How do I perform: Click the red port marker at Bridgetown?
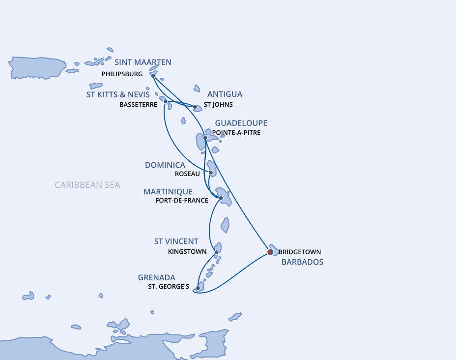(270, 252)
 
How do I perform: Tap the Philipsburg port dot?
(153, 76)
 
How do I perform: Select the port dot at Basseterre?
(166, 101)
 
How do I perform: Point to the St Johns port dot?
(195, 107)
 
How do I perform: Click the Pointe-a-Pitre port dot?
(205, 138)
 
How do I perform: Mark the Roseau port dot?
(211, 173)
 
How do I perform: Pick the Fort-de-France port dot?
(221, 198)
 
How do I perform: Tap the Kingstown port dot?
(217, 252)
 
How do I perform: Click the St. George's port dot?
(198, 288)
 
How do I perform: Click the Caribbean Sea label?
(87, 185)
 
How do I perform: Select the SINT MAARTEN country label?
(143, 62)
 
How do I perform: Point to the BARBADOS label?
(302, 262)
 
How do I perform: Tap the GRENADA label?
(157, 278)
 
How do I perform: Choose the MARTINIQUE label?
(168, 191)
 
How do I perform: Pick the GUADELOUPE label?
(241, 123)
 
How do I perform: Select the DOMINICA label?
(165, 165)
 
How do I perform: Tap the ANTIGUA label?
(225, 94)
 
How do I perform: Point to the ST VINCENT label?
(176, 241)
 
